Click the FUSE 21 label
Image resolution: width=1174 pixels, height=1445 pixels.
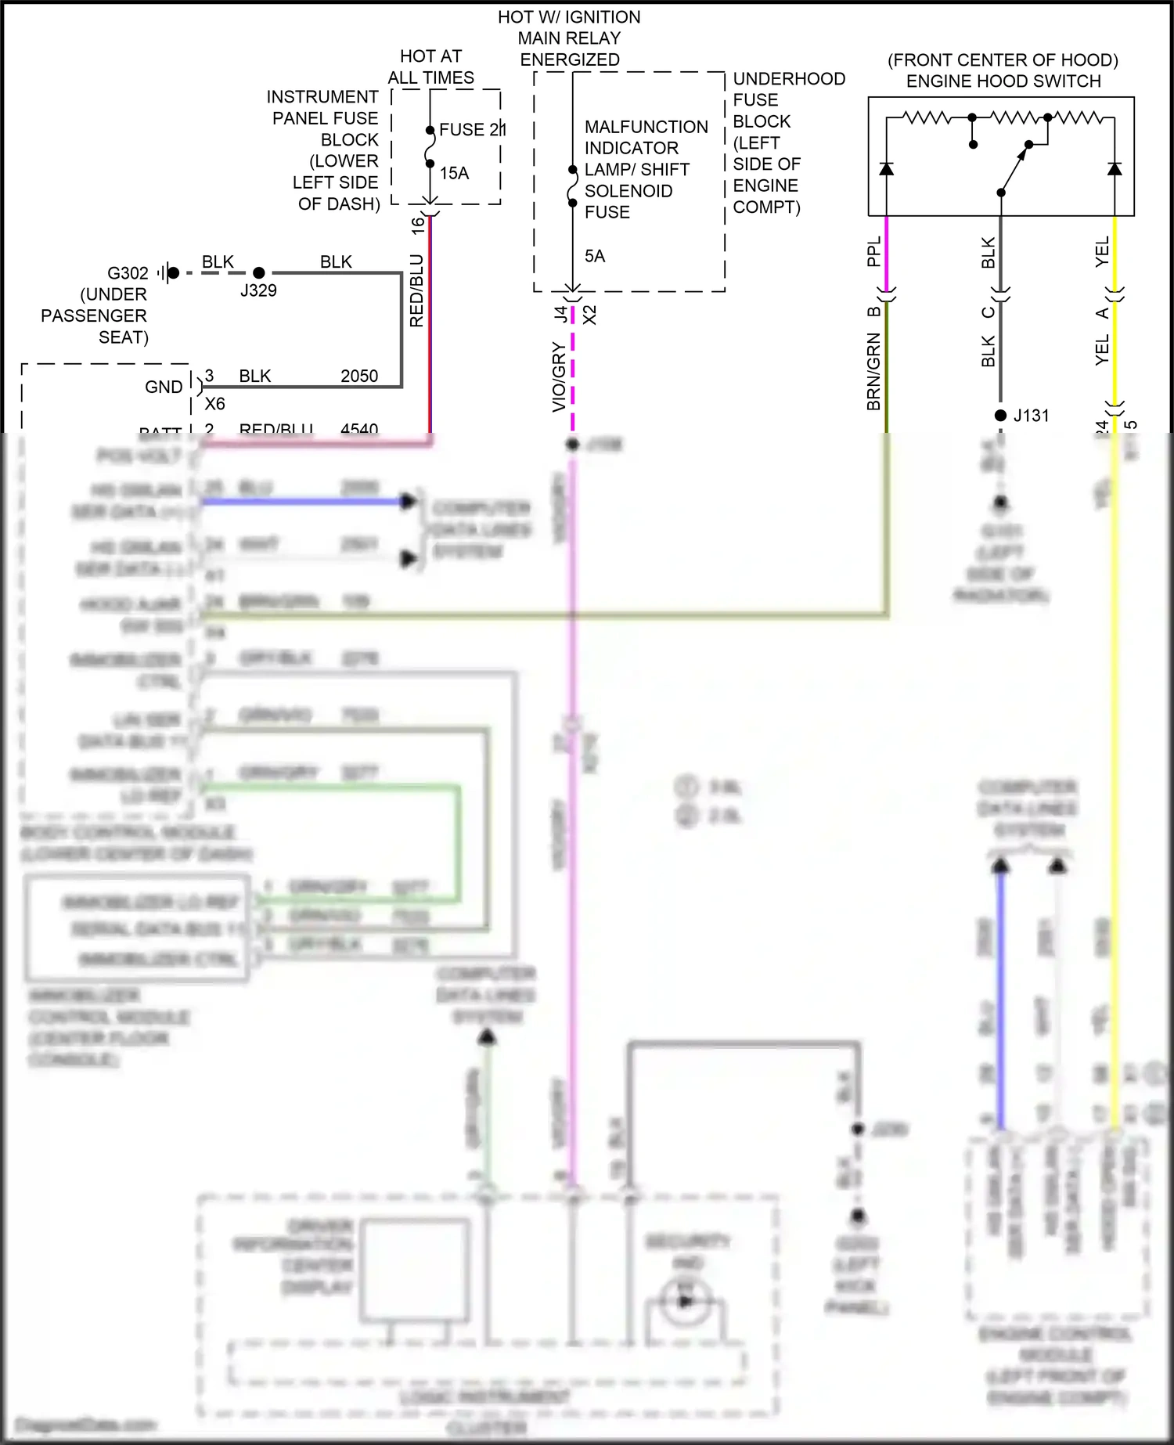coord(472,130)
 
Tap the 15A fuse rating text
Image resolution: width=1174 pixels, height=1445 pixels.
coord(454,173)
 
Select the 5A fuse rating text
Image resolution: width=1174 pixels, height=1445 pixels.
coord(595,256)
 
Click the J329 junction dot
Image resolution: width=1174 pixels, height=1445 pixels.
coord(259,272)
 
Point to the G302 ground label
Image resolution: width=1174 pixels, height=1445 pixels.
coord(128,273)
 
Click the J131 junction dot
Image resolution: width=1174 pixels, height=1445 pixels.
coord(1000,416)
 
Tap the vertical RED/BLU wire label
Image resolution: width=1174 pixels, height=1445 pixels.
coord(416,290)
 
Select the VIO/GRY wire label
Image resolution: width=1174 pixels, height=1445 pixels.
coord(559,377)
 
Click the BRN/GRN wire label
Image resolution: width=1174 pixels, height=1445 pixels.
coord(873,372)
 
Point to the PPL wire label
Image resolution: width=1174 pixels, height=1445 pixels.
coord(873,251)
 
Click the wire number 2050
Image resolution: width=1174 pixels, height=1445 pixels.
coord(359,377)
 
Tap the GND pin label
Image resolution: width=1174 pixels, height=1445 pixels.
coord(164,387)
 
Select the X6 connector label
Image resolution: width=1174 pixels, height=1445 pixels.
coord(214,404)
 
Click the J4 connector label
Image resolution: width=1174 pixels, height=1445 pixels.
coord(560,314)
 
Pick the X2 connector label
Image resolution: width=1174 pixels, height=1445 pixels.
coord(590,315)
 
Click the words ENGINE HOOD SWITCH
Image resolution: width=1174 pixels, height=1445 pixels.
coord(1003,81)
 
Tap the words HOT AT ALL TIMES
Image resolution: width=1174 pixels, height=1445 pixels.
coord(430,67)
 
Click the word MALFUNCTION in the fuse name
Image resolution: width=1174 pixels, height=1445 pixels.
coord(646,127)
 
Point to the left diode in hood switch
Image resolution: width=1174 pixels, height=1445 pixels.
coord(886,168)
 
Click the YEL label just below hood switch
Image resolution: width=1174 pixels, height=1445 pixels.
coord(1102,251)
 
